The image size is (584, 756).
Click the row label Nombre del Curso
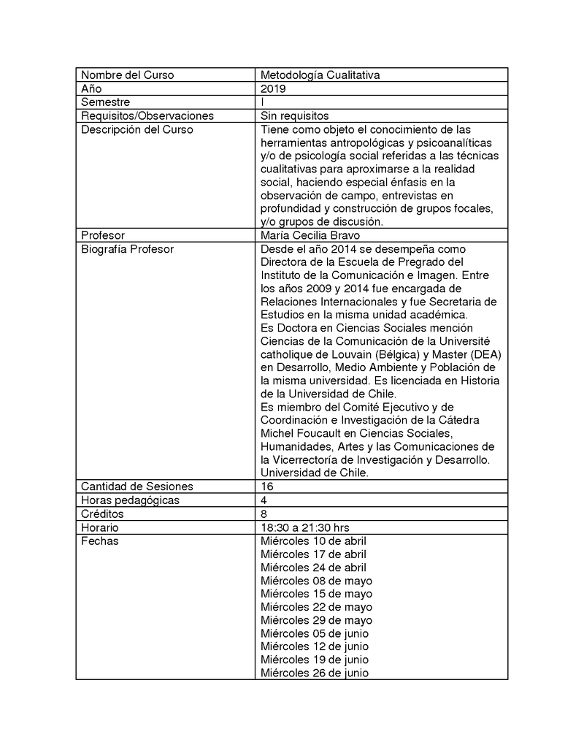point(127,75)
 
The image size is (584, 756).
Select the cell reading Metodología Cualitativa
point(320,75)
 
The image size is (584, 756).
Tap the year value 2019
point(274,88)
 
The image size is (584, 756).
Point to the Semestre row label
point(105,102)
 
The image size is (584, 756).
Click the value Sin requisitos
point(295,115)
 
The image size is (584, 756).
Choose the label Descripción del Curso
point(137,129)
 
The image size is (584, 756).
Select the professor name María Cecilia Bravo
point(310,235)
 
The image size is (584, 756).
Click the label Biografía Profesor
point(127,249)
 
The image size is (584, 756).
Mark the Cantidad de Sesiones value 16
point(267,486)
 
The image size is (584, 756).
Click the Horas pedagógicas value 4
point(264,500)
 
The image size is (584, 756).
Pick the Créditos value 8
point(264,513)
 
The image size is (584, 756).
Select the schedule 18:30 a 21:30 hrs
point(305,527)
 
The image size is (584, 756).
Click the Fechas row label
point(99,541)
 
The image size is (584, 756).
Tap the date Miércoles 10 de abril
point(313,541)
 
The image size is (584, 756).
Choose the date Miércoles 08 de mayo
point(316,581)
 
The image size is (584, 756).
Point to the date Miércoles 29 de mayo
point(316,620)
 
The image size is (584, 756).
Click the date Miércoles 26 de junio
point(315,673)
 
